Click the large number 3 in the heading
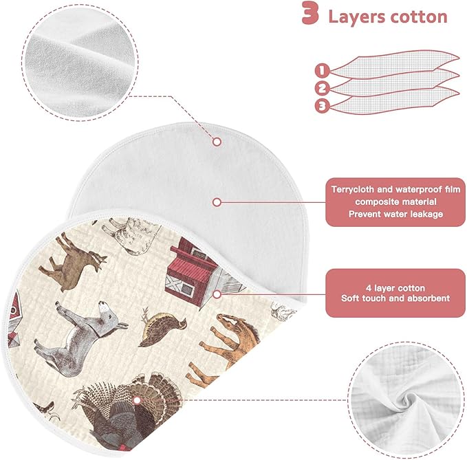pyautogui.click(x=310, y=13)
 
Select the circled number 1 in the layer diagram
pyautogui.click(x=322, y=71)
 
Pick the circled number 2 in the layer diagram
pyautogui.click(x=322, y=89)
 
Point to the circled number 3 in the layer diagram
pyautogui.click(x=322, y=106)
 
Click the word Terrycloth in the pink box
pyautogui.click(x=353, y=190)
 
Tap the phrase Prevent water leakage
pyautogui.click(x=395, y=214)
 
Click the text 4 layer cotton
pyautogui.click(x=395, y=288)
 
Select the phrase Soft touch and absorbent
pyautogui.click(x=395, y=298)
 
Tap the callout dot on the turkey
pyautogui.click(x=137, y=400)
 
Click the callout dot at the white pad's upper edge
pyautogui.click(x=217, y=142)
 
